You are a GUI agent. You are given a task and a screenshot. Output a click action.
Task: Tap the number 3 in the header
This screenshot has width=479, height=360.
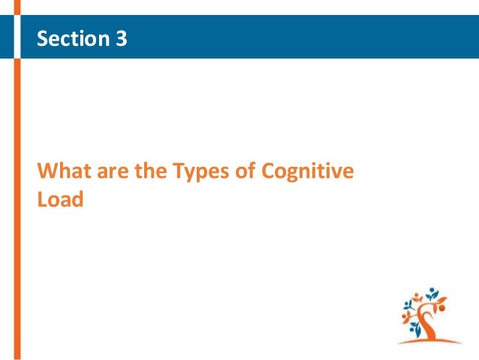122,38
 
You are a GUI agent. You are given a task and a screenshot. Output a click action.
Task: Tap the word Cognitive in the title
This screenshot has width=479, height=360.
307,173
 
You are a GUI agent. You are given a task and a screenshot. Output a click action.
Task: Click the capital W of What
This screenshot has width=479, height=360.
46,172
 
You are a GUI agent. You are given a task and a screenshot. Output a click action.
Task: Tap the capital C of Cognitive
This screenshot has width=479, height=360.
269,172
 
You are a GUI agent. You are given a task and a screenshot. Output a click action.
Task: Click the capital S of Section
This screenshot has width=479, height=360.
43,38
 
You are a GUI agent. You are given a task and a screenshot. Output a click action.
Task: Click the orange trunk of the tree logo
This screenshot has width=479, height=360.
427,323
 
